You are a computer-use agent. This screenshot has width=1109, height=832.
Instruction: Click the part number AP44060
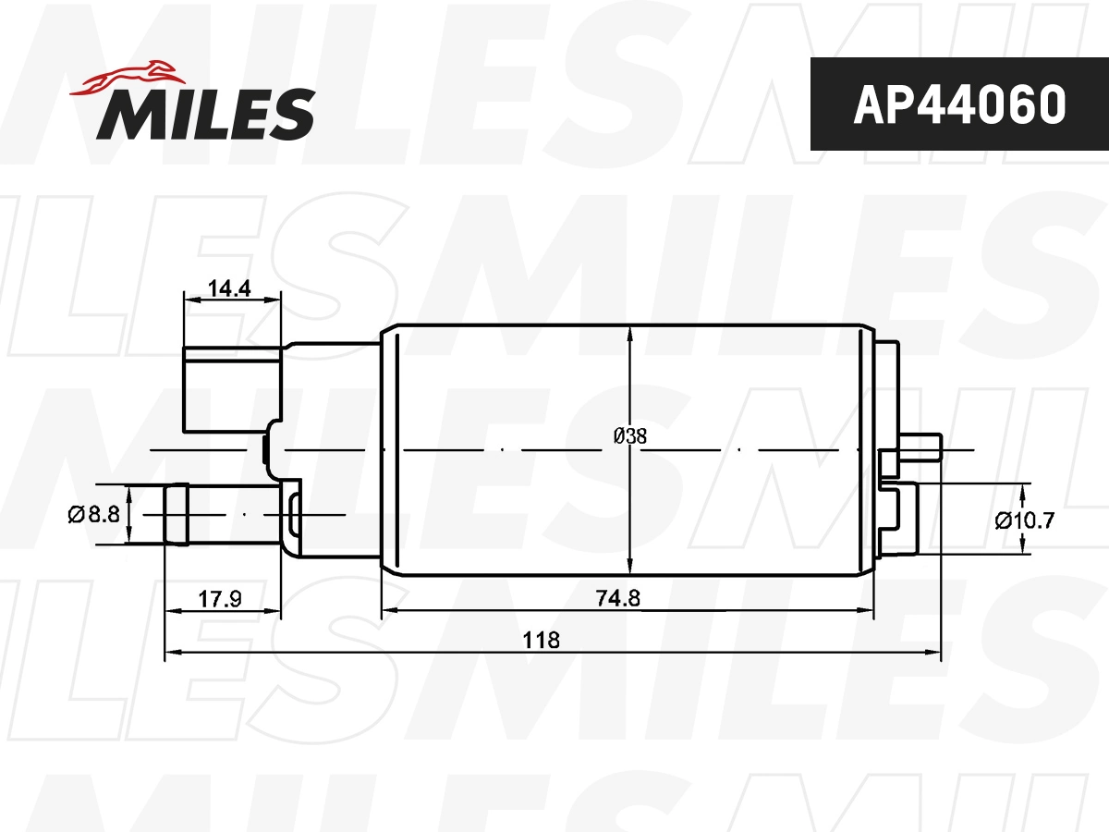pyautogui.click(x=959, y=104)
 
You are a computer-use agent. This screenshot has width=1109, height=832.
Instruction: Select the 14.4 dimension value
pyautogui.click(x=229, y=288)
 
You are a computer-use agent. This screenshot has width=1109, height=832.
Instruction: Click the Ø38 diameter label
pyautogui.click(x=630, y=436)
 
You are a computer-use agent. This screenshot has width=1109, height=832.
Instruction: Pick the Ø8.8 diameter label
pyautogui.click(x=94, y=515)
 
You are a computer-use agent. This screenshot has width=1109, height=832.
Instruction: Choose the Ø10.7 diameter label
pyautogui.click(x=1025, y=520)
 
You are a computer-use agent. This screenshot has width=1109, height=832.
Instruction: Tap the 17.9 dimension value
pyautogui.click(x=220, y=599)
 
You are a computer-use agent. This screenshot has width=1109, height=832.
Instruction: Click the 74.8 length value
pyautogui.click(x=618, y=598)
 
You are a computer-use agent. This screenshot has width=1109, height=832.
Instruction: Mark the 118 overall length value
pyautogui.click(x=542, y=640)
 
